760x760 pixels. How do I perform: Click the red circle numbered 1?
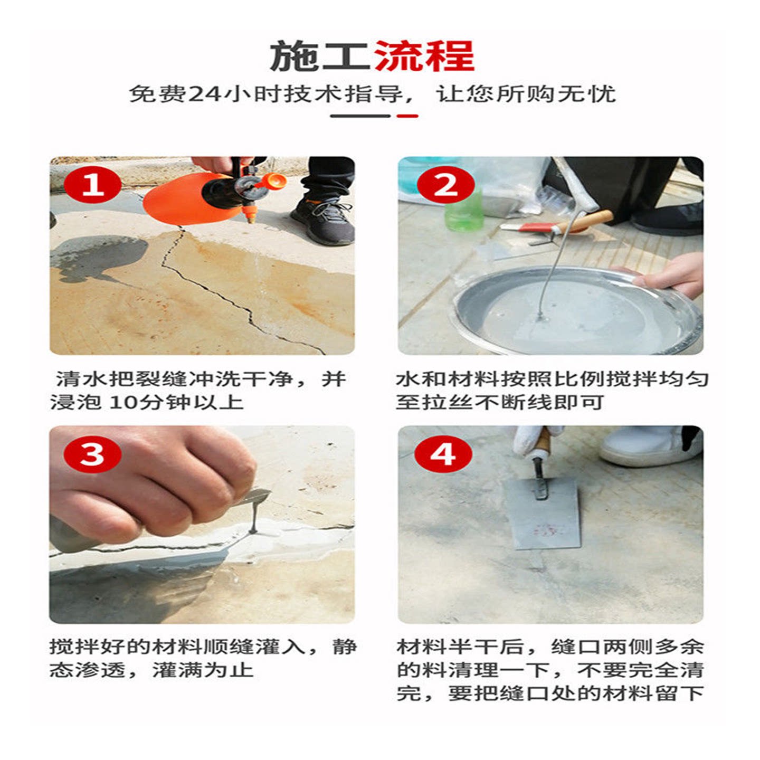(92, 184)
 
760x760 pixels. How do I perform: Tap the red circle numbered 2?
(445, 184)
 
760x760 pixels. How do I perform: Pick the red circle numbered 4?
(443, 454)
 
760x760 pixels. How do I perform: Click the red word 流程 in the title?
(424, 56)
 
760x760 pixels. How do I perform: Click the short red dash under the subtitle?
(407, 116)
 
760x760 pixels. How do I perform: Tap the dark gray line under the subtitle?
(360, 116)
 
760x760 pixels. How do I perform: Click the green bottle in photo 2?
(464, 210)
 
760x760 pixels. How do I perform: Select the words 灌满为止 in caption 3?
(202, 670)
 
